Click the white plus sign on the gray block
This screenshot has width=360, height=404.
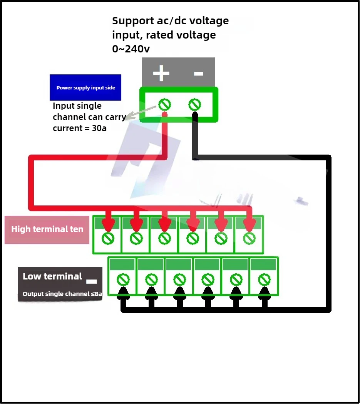161,73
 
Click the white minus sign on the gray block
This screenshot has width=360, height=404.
198,74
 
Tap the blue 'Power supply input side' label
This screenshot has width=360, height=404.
85,88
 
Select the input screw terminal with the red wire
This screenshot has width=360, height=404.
164,104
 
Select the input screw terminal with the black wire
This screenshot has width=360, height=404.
194,104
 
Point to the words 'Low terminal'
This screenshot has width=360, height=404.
52,276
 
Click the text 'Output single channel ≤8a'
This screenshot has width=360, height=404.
62,294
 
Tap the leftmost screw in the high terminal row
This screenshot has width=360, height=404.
108,238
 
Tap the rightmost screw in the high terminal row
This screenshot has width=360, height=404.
249,238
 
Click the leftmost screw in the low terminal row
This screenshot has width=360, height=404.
123,280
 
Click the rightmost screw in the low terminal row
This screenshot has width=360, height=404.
264,280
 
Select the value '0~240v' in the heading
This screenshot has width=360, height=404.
131,49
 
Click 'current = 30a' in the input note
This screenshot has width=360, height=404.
80,128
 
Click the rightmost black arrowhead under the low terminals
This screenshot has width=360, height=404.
264,293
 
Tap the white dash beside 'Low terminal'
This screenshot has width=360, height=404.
91,281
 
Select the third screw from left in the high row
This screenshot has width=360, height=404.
164,238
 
